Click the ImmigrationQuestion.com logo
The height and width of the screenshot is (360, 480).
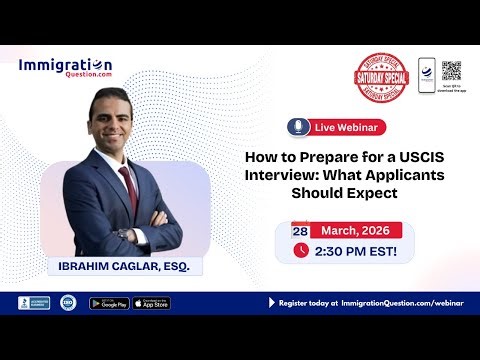point(66,68)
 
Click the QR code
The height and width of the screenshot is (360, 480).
point(451,70)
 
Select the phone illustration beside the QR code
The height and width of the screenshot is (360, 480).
point(427,72)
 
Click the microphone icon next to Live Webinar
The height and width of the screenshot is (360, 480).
point(297,126)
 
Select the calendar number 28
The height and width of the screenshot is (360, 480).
point(300,231)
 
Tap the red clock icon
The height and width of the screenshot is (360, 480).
point(301,251)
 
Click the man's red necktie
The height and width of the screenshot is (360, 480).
point(128,187)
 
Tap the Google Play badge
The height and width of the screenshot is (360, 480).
point(108,303)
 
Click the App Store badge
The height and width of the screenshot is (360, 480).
point(151,303)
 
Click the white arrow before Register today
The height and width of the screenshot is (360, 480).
point(271,302)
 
